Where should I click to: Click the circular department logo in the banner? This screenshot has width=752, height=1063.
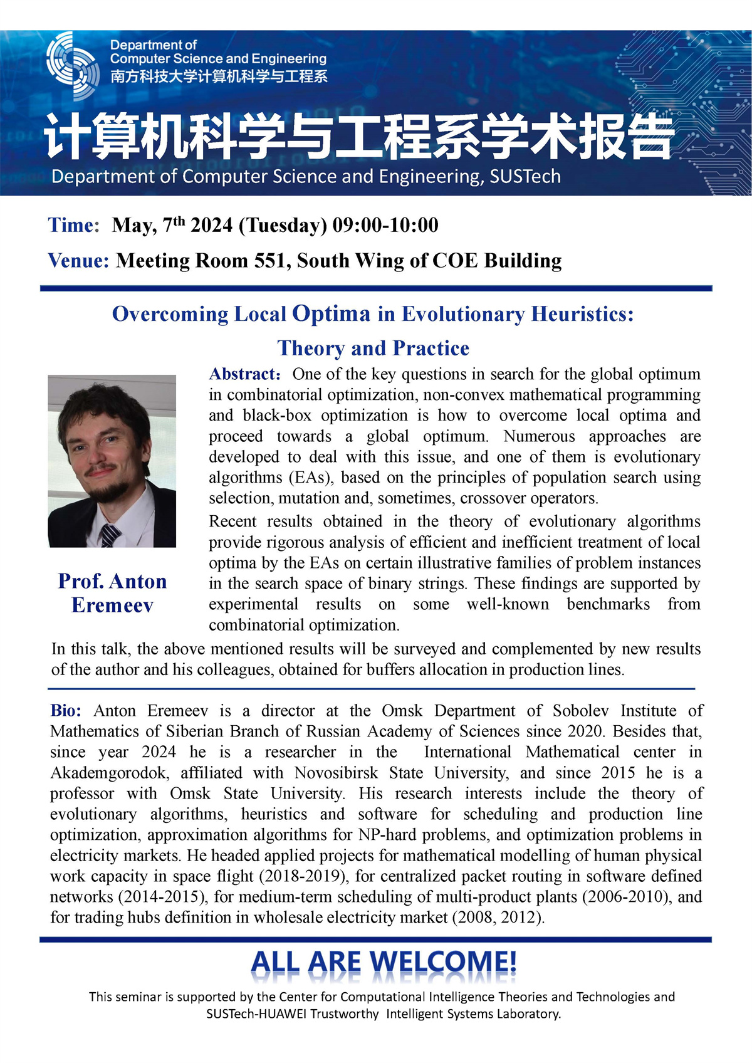[73, 66]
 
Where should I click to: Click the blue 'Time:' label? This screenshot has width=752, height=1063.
[73, 226]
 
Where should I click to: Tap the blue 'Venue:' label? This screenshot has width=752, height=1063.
[79, 261]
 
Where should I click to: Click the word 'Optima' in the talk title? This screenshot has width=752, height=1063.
[332, 314]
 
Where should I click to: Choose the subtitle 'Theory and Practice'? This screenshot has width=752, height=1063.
[373, 348]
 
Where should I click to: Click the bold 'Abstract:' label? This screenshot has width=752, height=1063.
[244, 374]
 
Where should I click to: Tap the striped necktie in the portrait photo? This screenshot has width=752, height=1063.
[110, 536]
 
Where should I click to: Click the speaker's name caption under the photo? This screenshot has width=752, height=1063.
[113, 593]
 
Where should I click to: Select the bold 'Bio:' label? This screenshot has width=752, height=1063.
[66, 711]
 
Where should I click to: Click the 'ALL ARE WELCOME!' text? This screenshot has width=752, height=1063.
[384, 962]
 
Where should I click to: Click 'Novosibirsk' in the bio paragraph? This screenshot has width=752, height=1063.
[337, 773]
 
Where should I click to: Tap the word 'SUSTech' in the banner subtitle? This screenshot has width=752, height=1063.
[525, 177]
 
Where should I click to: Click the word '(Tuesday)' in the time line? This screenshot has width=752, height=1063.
[283, 226]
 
